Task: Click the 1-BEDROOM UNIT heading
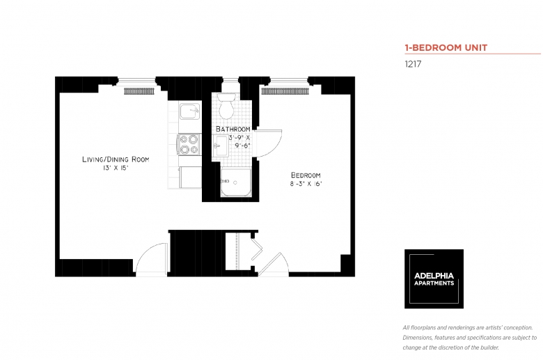click(x=446, y=47)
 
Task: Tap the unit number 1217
click(x=413, y=64)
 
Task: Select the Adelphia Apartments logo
click(x=434, y=279)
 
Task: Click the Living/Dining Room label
click(x=116, y=159)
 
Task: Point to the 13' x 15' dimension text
click(x=116, y=168)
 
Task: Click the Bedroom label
click(x=306, y=175)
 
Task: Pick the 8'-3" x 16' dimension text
click(x=306, y=184)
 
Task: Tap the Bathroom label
click(x=233, y=129)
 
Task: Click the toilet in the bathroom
click(x=226, y=106)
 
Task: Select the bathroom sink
click(x=220, y=146)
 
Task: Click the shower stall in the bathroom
click(x=236, y=182)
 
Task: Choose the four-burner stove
click(x=189, y=144)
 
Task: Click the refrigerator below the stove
click(x=190, y=177)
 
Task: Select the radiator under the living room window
click(x=139, y=91)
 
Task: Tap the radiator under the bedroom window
click(x=285, y=91)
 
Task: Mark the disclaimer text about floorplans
click(x=470, y=338)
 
